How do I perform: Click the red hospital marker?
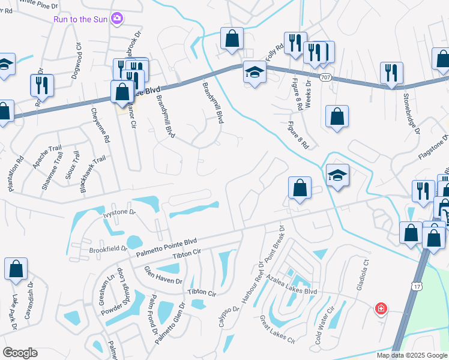[381, 309]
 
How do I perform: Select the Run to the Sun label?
[80, 19]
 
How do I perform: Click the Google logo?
[20, 353]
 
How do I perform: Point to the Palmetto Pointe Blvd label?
[166, 248]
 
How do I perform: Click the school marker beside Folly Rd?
[255, 73]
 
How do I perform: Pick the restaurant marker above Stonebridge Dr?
[391, 73]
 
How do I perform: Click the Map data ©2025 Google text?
[412, 355]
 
